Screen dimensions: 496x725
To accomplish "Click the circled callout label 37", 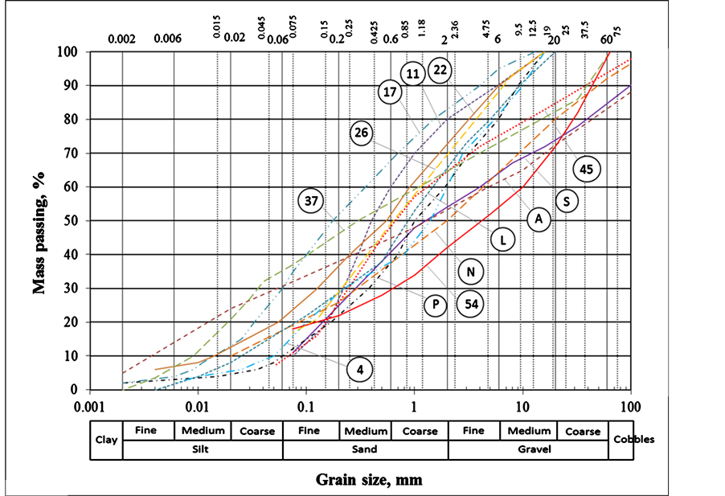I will pyautogui.click(x=311, y=200).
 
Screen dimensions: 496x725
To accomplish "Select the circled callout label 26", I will pyautogui.click(x=362, y=133).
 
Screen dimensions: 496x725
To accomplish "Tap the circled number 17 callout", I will pyautogui.click(x=391, y=92).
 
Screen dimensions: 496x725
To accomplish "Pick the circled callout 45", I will pyautogui.click(x=587, y=169).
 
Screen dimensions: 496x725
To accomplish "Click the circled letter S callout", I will pyautogui.click(x=567, y=201).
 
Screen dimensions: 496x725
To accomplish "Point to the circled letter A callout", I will pyautogui.click(x=538, y=219).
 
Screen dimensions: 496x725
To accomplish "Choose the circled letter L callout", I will pyautogui.click(x=502, y=240).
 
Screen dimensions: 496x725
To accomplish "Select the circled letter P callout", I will pyautogui.click(x=436, y=305).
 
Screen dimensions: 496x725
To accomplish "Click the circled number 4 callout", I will pyautogui.click(x=361, y=370).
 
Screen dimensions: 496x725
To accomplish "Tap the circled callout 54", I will pyautogui.click(x=470, y=304).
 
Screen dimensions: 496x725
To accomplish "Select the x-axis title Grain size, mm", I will pyautogui.click(x=368, y=481).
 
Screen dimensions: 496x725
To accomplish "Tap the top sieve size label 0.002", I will pyautogui.click(x=122, y=38).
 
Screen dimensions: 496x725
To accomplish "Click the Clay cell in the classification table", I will pyautogui.click(x=106, y=440).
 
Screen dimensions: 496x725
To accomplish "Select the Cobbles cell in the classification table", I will pyautogui.click(x=633, y=440).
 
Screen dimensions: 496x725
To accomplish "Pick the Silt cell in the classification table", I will pyautogui.click(x=203, y=449).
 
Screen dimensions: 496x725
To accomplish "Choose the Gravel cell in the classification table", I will pyautogui.click(x=528, y=449).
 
